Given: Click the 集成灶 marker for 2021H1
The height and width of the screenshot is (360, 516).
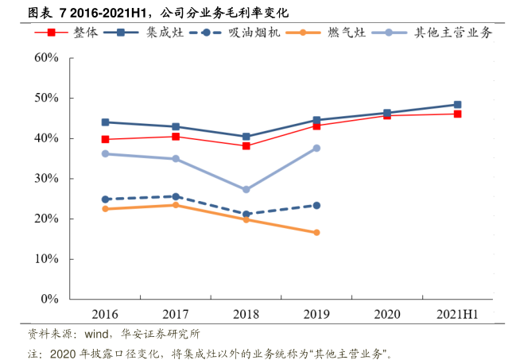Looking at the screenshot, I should click(x=457, y=105).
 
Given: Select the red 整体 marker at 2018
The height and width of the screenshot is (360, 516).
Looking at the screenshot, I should click(x=246, y=146).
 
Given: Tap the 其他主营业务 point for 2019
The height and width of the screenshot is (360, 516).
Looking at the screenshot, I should click(x=316, y=149).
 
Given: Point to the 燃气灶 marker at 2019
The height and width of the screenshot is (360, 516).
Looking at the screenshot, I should click(x=316, y=233).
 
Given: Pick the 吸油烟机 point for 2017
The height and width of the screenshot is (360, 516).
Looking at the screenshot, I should click(x=176, y=196).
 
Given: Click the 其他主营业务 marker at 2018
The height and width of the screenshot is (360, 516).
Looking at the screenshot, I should click(x=246, y=190).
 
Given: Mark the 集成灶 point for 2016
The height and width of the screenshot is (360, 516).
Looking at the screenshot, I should click(x=106, y=122).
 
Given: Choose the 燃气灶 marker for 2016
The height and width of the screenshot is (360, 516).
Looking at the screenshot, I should click(x=106, y=209).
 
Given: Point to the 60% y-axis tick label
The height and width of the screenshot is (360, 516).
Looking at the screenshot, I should click(x=47, y=58).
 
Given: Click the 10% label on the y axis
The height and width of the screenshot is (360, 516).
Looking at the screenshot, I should click(x=47, y=259).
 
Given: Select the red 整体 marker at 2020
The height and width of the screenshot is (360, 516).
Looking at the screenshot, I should click(x=387, y=115).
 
